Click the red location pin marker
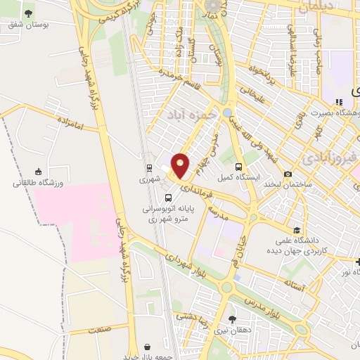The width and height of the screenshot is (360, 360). tap(181, 166)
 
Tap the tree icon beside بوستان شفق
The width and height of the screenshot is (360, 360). tap(29, 13)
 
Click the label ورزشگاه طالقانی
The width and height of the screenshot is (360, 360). tap(38, 184)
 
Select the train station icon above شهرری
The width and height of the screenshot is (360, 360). tap(149, 168)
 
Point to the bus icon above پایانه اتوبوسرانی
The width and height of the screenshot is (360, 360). tap(169, 196)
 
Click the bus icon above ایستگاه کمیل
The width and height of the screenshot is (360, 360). tap(239, 167)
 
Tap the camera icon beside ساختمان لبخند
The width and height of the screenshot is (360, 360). tap(288, 174)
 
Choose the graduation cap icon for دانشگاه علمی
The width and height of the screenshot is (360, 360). tap(297, 230)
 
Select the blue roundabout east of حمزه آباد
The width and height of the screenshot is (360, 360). tap(227, 112)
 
